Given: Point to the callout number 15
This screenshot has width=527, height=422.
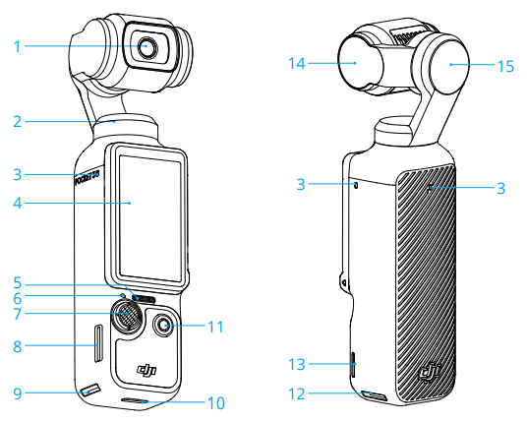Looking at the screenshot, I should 505,67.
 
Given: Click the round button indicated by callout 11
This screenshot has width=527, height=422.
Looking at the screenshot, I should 165,325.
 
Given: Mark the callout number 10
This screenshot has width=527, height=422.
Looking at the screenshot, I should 215,403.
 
